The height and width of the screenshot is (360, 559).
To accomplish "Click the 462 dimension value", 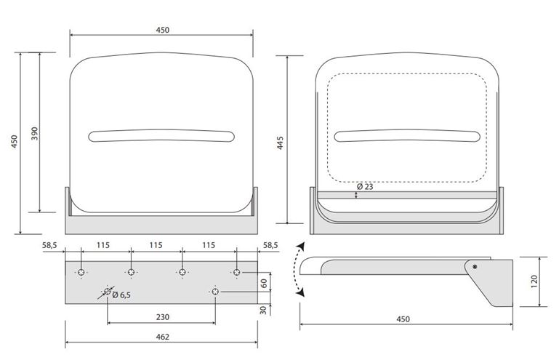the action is click(163, 337).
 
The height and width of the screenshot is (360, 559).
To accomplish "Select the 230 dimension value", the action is click(163, 317).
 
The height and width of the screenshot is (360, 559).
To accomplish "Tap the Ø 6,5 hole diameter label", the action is click(121, 295).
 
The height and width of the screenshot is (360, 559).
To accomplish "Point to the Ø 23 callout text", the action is click(365, 187).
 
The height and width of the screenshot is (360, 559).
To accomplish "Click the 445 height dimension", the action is click(280, 143).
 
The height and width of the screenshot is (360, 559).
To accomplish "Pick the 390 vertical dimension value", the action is click(34, 133).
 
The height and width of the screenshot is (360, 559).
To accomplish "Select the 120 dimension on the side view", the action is click(534, 281).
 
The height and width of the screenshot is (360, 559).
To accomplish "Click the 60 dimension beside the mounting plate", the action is click(264, 284).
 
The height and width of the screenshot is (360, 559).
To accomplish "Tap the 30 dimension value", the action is click(263, 310).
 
